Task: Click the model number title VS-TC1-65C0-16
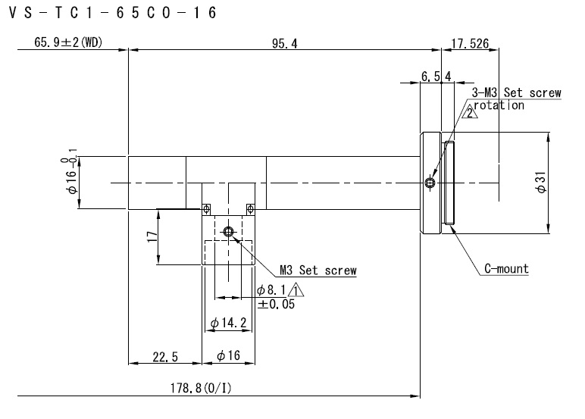pyautogui.click(x=112, y=13)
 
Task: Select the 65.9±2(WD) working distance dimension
pyautogui.click(x=68, y=42)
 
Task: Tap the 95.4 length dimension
pyautogui.click(x=285, y=44)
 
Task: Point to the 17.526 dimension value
pyautogui.click(x=470, y=44)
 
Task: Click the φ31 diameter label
pyautogui.click(x=541, y=183)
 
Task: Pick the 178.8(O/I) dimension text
pyautogui.click(x=201, y=389)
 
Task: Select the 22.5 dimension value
pyautogui.click(x=165, y=357)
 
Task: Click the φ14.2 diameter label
pyautogui.click(x=228, y=323)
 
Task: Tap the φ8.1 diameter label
pyautogui.click(x=271, y=290)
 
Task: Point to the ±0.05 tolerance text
pyautogui.click(x=276, y=304)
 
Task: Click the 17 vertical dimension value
pyautogui.click(x=152, y=237)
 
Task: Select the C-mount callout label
pyautogui.click(x=506, y=269)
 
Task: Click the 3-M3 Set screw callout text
pyautogui.click(x=516, y=92)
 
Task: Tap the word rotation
pyautogui.click(x=499, y=105)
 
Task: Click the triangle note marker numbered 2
pyautogui.click(x=470, y=112)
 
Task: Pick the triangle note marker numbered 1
pyautogui.click(x=296, y=291)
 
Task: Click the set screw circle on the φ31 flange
pyautogui.click(x=430, y=183)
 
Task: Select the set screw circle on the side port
pyautogui.click(x=228, y=232)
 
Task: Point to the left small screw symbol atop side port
pyautogui.click(x=206, y=209)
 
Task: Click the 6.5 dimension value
pyautogui.click(x=430, y=77)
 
